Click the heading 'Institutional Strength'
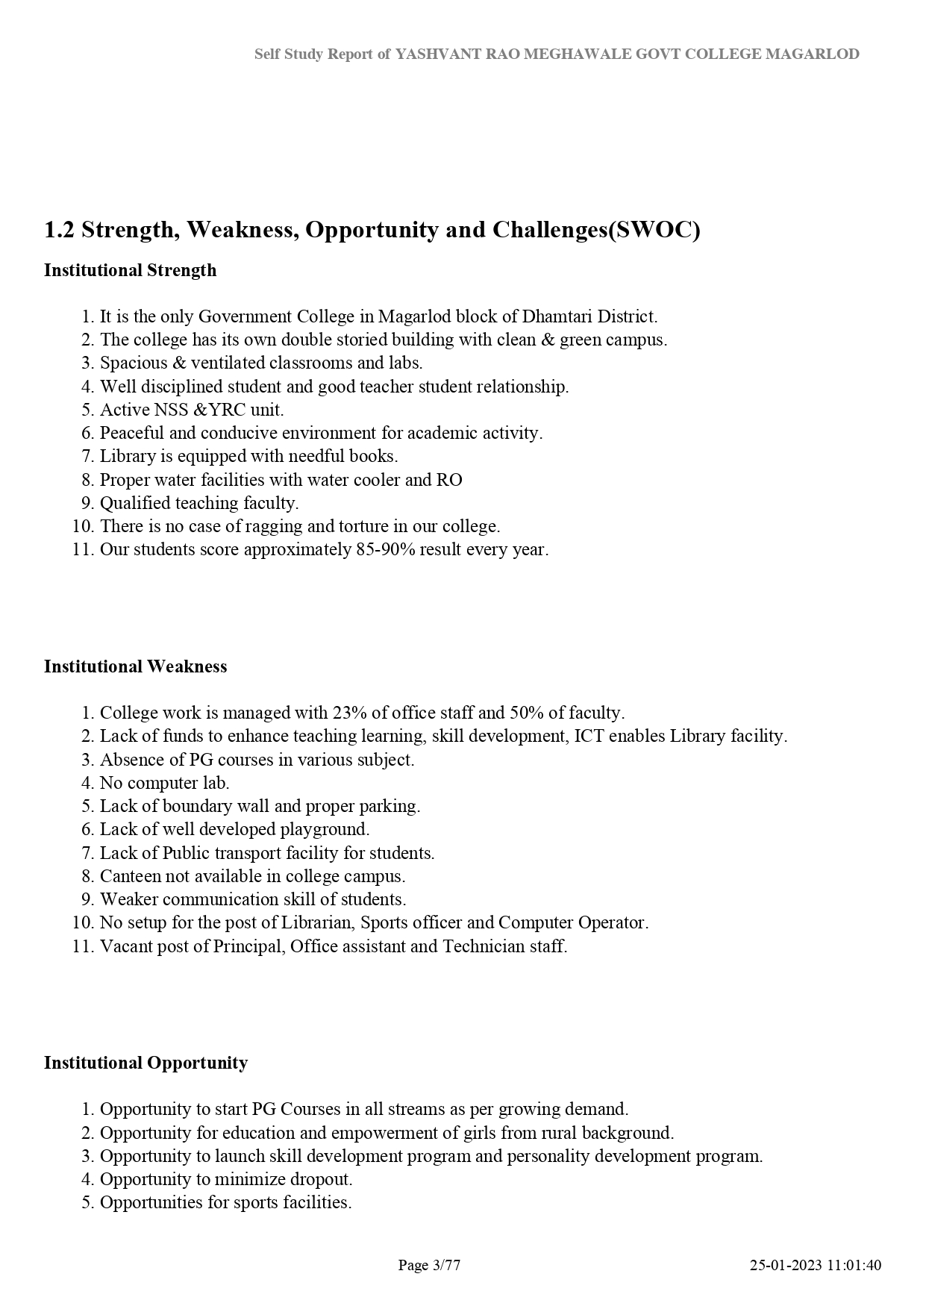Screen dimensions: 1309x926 coord(130,270)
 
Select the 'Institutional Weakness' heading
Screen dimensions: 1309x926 coord(135,666)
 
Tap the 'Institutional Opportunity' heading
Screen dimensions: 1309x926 coord(146,1063)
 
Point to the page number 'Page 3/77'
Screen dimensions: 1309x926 coord(429,1265)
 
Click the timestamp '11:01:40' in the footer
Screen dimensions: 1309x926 coord(854,1265)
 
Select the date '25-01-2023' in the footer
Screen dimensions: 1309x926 coord(785,1265)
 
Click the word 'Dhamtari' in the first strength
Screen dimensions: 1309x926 coord(553,316)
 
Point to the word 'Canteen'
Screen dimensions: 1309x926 coord(128,876)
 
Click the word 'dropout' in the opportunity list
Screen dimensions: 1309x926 coord(323,1179)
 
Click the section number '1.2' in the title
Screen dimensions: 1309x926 coord(59,230)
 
